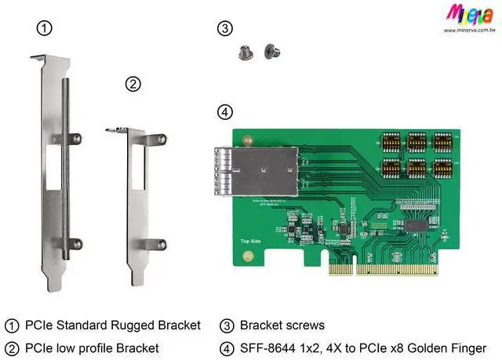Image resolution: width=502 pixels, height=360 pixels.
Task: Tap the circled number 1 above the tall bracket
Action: tap(45, 29)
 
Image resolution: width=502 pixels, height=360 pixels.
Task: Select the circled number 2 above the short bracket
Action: tap(133, 83)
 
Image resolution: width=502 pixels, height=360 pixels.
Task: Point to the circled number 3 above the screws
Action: tap(225, 29)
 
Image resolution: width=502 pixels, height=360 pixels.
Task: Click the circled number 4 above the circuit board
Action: tap(225, 112)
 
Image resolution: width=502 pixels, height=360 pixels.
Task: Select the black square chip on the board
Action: tap(417, 224)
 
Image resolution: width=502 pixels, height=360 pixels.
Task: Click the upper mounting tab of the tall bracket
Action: tap(72, 140)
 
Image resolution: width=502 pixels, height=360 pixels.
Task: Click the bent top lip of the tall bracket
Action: tap(49, 59)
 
